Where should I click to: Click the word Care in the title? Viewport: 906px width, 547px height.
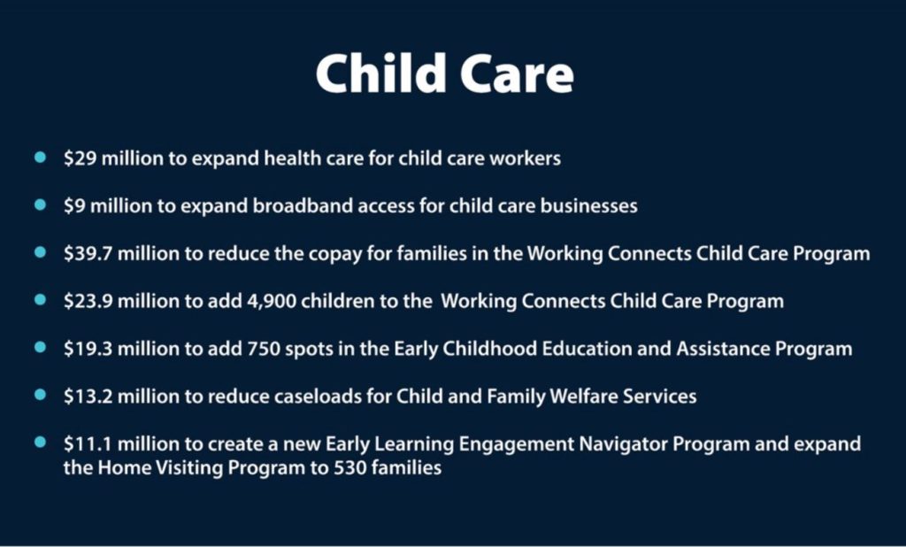(x=517, y=74)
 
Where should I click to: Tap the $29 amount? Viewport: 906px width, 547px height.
(x=80, y=158)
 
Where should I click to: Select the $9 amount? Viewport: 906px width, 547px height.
(x=74, y=206)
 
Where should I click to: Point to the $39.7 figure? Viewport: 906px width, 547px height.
(x=88, y=253)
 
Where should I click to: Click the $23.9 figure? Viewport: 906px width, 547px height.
(x=88, y=301)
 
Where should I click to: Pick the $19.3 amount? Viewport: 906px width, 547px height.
(x=88, y=349)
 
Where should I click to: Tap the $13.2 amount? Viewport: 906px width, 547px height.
(x=88, y=396)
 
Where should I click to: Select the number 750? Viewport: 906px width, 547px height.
(x=264, y=349)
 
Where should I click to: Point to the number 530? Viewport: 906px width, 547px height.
(x=350, y=467)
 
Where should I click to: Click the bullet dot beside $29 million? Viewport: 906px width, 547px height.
(x=40, y=157)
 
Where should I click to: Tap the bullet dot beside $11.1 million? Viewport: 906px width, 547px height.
(x=40, y=443)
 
